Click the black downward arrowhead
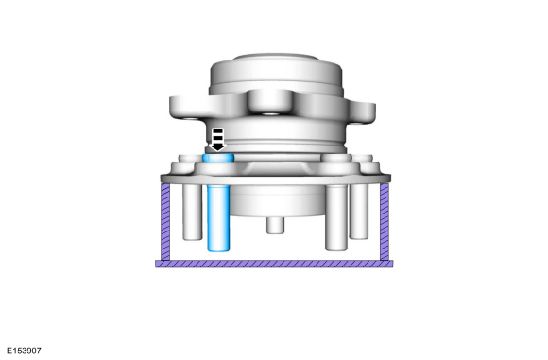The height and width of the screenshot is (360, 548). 217,146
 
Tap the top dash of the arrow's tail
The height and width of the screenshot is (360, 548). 217,131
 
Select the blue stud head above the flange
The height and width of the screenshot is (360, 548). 218,158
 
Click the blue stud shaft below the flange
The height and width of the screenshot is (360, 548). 218,218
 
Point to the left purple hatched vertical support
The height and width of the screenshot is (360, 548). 165,222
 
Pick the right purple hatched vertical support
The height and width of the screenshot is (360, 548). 385,222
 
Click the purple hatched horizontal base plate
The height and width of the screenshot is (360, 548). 274,264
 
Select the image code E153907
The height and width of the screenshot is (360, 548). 24,351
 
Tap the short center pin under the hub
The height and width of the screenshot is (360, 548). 275,226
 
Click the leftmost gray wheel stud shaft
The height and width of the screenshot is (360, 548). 192,212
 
